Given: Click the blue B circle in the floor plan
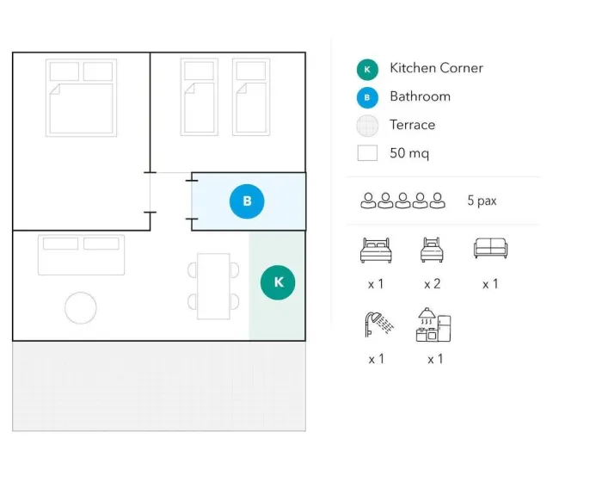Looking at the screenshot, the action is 247,201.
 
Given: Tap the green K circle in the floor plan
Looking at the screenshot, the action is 278,282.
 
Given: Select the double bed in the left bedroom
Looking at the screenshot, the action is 81,97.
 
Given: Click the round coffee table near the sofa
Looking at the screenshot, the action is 81,308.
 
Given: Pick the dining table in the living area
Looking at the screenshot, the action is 213,286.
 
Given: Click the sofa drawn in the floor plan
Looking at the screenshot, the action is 81,255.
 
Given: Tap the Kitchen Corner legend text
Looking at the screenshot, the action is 436,68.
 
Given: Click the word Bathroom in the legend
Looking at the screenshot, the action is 420,96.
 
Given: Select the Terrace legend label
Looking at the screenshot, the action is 412,125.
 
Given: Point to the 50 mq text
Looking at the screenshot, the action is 409,153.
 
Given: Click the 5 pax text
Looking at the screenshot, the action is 482,201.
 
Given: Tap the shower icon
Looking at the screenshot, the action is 378,324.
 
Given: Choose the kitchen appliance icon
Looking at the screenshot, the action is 433,324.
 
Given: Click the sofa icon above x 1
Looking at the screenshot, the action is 491,248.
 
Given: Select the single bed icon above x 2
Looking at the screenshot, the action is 433,250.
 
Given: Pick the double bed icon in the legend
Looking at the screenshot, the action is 376,250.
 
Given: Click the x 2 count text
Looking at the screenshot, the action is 433,284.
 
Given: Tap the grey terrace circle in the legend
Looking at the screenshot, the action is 367,126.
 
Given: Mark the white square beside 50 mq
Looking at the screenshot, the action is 367,153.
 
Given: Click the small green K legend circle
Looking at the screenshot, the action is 367,70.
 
